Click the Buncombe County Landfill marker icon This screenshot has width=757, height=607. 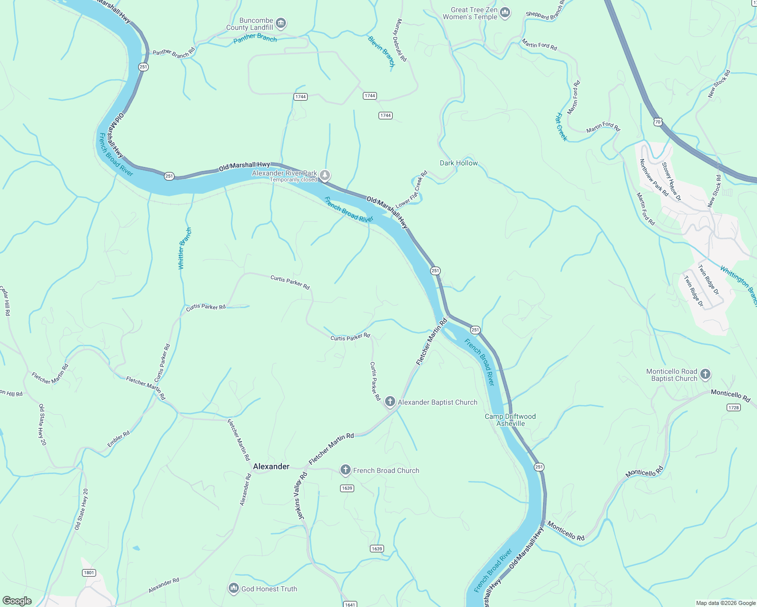(x=281, y=23)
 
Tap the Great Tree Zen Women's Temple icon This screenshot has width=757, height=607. (x=504, y=13)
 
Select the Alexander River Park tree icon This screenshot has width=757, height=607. (x=325, y=176)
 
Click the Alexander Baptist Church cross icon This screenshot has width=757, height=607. (x=390, y=402)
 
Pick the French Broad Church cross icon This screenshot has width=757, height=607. (x=345, y=470)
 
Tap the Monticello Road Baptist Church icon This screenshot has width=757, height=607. (x=705, y=375)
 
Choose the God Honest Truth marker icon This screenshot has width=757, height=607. (x=233, y=588)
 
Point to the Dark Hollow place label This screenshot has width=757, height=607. (x=458, y=163)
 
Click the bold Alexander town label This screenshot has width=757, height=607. (x=271, y=466)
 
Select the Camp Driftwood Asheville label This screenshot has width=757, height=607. (x=510, y=420)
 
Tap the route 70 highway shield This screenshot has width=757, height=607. (x=657, y=122)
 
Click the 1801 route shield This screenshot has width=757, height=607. (x=89, y=573)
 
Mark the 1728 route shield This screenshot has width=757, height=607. (x=733, y=407)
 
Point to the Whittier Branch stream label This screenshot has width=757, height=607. (x=185, y=248)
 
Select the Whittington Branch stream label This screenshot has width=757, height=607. (x=739, y=286)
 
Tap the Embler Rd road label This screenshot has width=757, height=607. (x=118, y=439)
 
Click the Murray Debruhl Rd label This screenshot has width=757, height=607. (x=399, y=40)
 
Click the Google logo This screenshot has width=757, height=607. (x=17, y=600)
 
